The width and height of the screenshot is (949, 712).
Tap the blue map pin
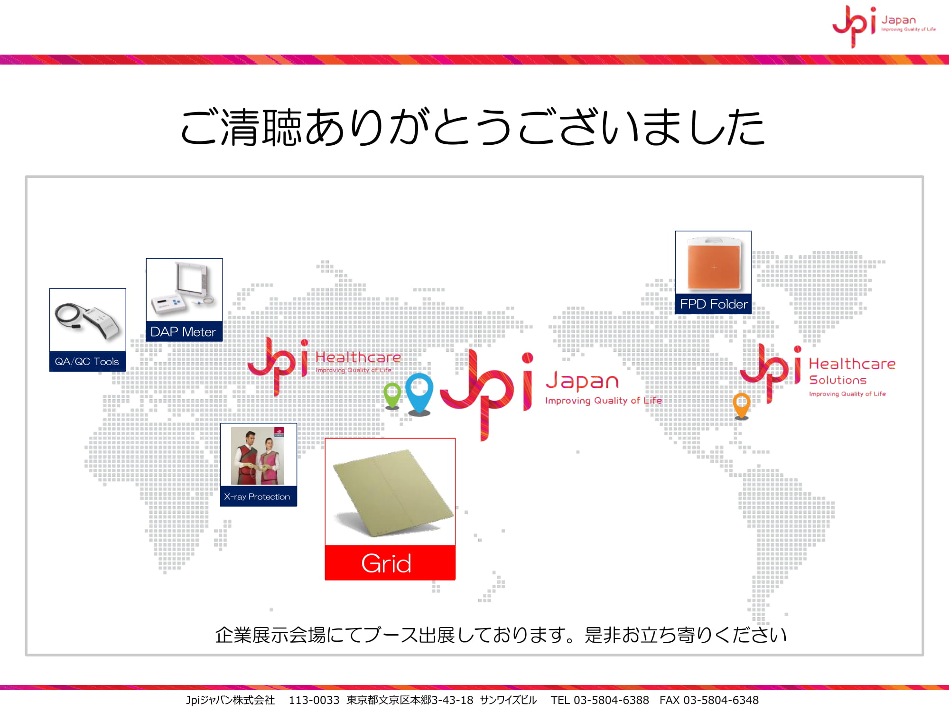click(419, 393)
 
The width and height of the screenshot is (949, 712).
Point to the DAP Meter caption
click(184, 331)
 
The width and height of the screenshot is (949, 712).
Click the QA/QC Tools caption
click(87, 361)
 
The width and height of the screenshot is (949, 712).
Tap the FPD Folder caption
click(713, 304)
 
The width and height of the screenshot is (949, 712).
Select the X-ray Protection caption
click(258, 497)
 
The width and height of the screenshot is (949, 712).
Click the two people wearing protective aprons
click(257, 456)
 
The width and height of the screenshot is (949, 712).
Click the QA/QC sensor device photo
click(88, 321)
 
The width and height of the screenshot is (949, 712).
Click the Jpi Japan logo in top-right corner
click(884, 26)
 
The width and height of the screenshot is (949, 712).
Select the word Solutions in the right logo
click(838, 380)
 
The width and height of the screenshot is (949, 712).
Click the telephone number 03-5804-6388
click(611, 700)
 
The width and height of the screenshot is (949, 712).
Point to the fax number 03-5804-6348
click(721, 700)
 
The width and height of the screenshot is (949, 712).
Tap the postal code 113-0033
click(314, 700)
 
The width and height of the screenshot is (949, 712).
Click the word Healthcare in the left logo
click(358, 357)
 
